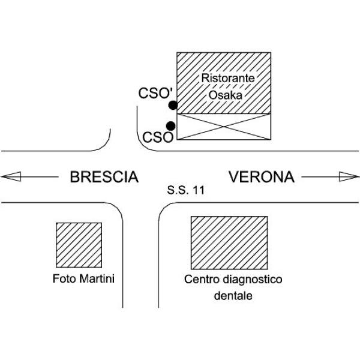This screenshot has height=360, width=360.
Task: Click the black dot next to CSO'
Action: [x=173, y=105]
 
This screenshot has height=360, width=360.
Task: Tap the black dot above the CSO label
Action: [x=170, y=126]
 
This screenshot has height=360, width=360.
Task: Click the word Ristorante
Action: [x=228, y=78]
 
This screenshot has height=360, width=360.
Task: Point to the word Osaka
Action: [x=226, y=95]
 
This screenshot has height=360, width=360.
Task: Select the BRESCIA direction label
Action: [x=104, y=177]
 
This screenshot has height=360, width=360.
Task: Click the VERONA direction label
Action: [x=261, y=177]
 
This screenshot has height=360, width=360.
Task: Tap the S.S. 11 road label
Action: [x=185, y=190]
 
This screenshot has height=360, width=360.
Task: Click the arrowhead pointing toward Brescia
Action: [x=11, y=176]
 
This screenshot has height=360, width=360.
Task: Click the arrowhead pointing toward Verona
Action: [x=349, y=176]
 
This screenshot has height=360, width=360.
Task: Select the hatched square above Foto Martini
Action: [x=79, y=245]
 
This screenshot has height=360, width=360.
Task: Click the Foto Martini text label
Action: [x=83, y=278]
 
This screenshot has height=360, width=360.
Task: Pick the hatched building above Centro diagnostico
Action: [x=229, y=242]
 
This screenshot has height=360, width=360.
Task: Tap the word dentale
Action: [x=233, y=295]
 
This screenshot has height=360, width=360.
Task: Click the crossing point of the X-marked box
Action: [x=224, y=127]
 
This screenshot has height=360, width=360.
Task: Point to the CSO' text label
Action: [x=155, y=93]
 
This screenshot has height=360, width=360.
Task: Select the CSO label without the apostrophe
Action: [x=158, y=137]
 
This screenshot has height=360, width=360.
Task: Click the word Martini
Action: [x=97, y=278]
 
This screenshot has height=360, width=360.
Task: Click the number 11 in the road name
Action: [x=199, y=190]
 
